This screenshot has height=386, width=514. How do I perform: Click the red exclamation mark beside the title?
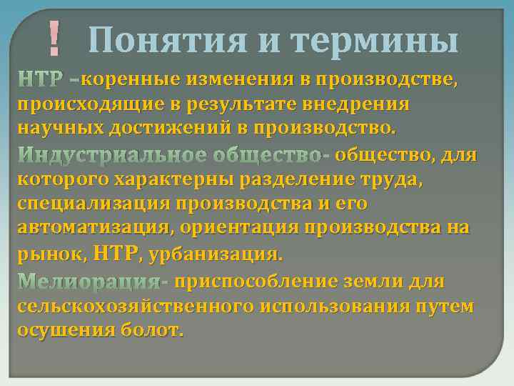[54, 39]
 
